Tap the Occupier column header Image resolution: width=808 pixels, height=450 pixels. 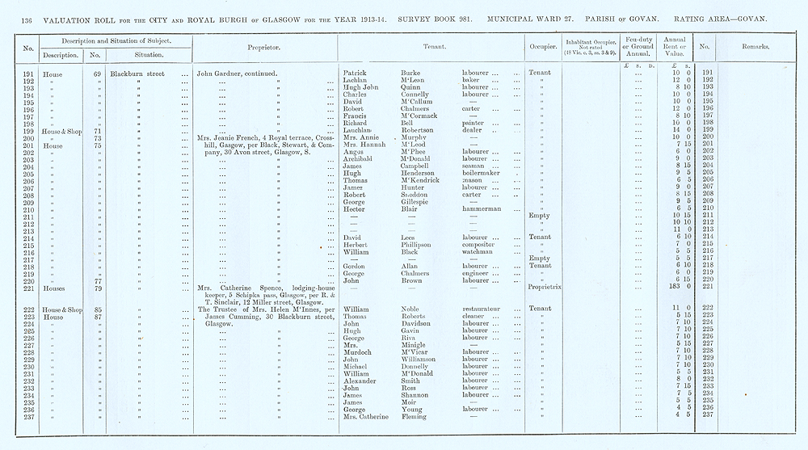541,48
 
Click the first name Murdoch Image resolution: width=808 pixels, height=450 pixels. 359,352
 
